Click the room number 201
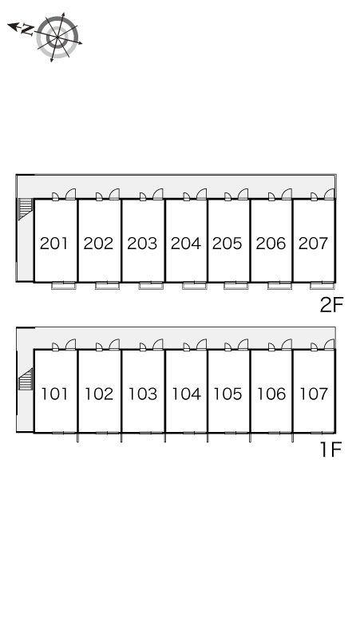54,244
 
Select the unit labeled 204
186,244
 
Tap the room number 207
314,244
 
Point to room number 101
55,394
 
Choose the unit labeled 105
227,394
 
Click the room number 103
143,394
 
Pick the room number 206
271,244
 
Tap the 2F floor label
331,305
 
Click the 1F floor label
330,450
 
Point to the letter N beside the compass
27,30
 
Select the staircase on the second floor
25,209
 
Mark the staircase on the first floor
26,379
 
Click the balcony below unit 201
63,285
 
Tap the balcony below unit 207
322,285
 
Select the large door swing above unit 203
158,194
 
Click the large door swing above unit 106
287,344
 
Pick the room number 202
98,244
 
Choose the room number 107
314,394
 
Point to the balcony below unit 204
195,285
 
